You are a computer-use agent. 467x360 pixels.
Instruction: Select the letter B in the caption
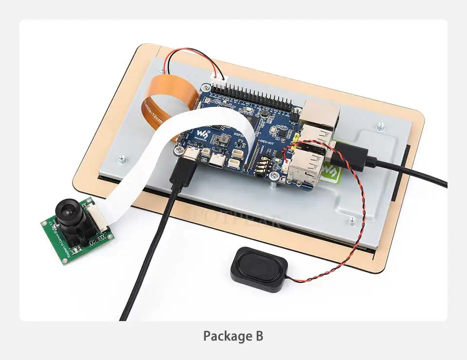(x=258, y=336)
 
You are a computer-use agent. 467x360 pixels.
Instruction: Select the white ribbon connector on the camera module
(x=98, y=215)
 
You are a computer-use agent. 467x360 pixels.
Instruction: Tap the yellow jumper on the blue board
(x=296, y=141)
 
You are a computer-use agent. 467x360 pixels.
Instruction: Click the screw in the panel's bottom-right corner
(x=352, y=221)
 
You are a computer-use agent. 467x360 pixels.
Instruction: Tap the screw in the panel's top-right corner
(x=380, y=126)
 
